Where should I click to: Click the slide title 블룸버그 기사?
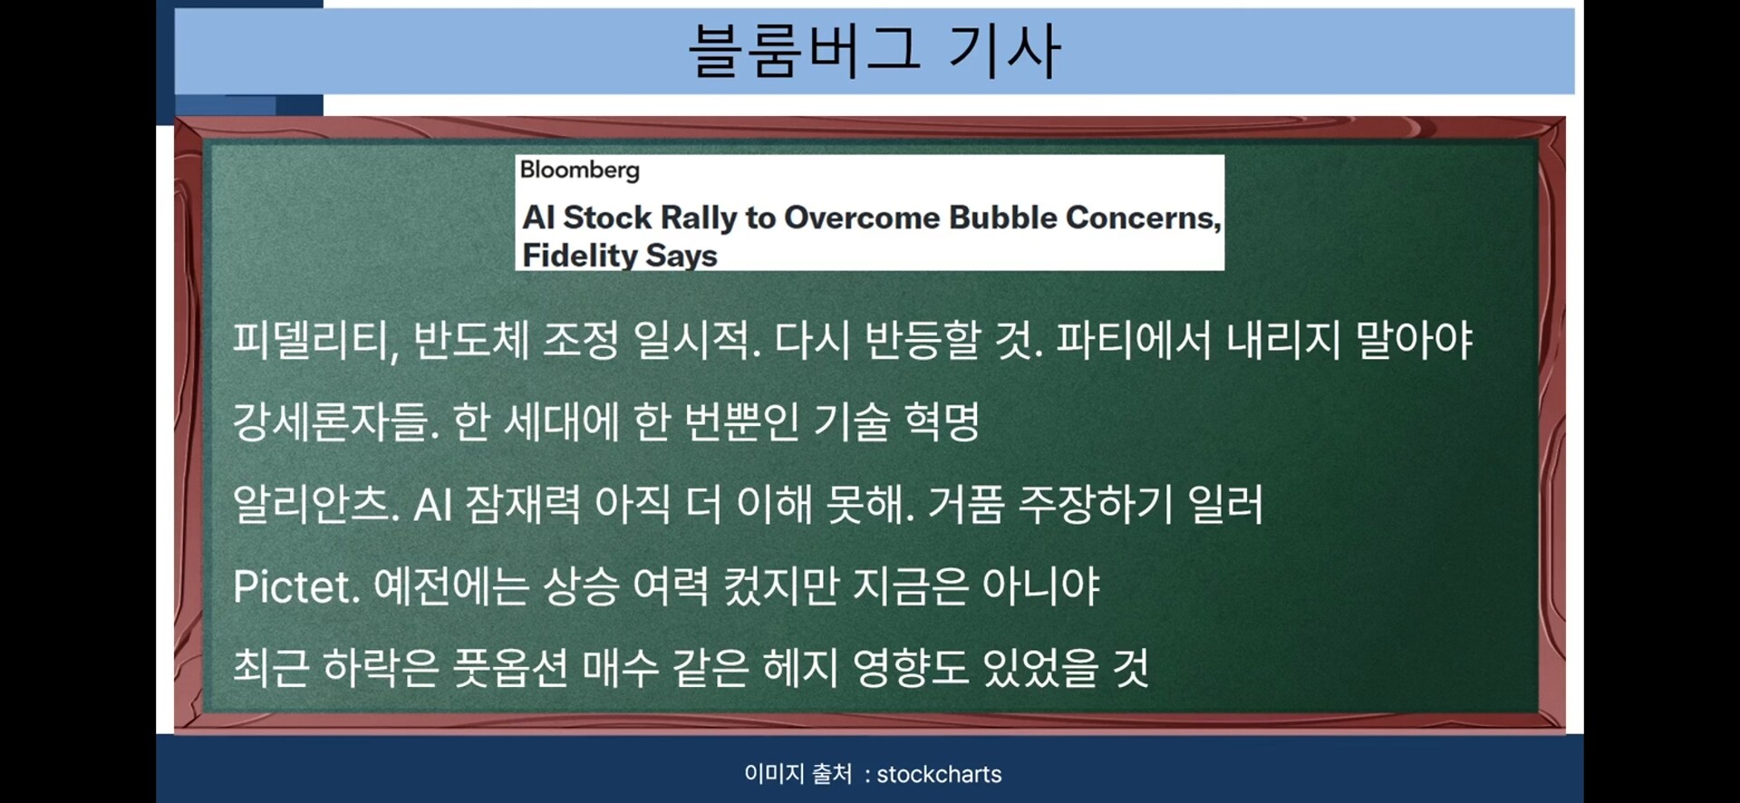point(875,50)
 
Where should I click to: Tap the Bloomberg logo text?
point(580,170)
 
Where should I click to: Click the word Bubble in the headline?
point(1003,218)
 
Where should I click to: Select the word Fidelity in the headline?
point(580,256)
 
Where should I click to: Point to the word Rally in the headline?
point(699,218)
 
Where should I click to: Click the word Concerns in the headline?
point(1144,218)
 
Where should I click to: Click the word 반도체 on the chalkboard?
point(471,340)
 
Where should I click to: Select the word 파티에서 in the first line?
point(1134,340)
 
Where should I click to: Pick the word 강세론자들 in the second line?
point(336,421)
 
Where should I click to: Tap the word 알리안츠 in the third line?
point(316,504)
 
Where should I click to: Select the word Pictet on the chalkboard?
point(296,586)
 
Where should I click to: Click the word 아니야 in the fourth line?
point(1041,586)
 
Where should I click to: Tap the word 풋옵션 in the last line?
point(510,668)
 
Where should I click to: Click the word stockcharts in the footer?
point(939,775)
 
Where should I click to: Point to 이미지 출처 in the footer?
point(797,774)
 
